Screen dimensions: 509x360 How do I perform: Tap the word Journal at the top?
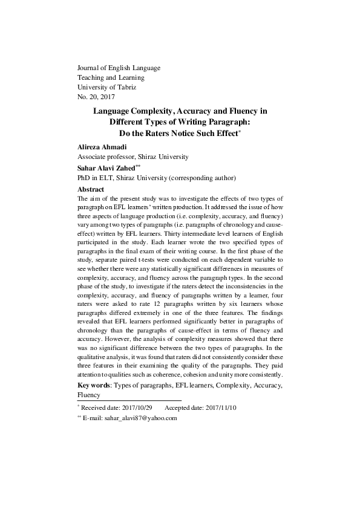pyautogui.click(x=90, y=68)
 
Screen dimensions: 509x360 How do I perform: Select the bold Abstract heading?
pyautogui.click(x=91, y=189)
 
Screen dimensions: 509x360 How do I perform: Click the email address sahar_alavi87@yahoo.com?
pyautogui.click(x=141, y=418)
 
